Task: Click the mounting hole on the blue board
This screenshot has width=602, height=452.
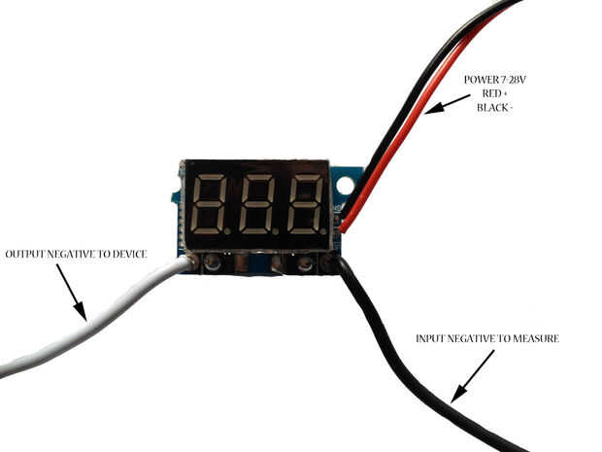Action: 343,181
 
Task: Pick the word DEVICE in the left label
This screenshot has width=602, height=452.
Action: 128,254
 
